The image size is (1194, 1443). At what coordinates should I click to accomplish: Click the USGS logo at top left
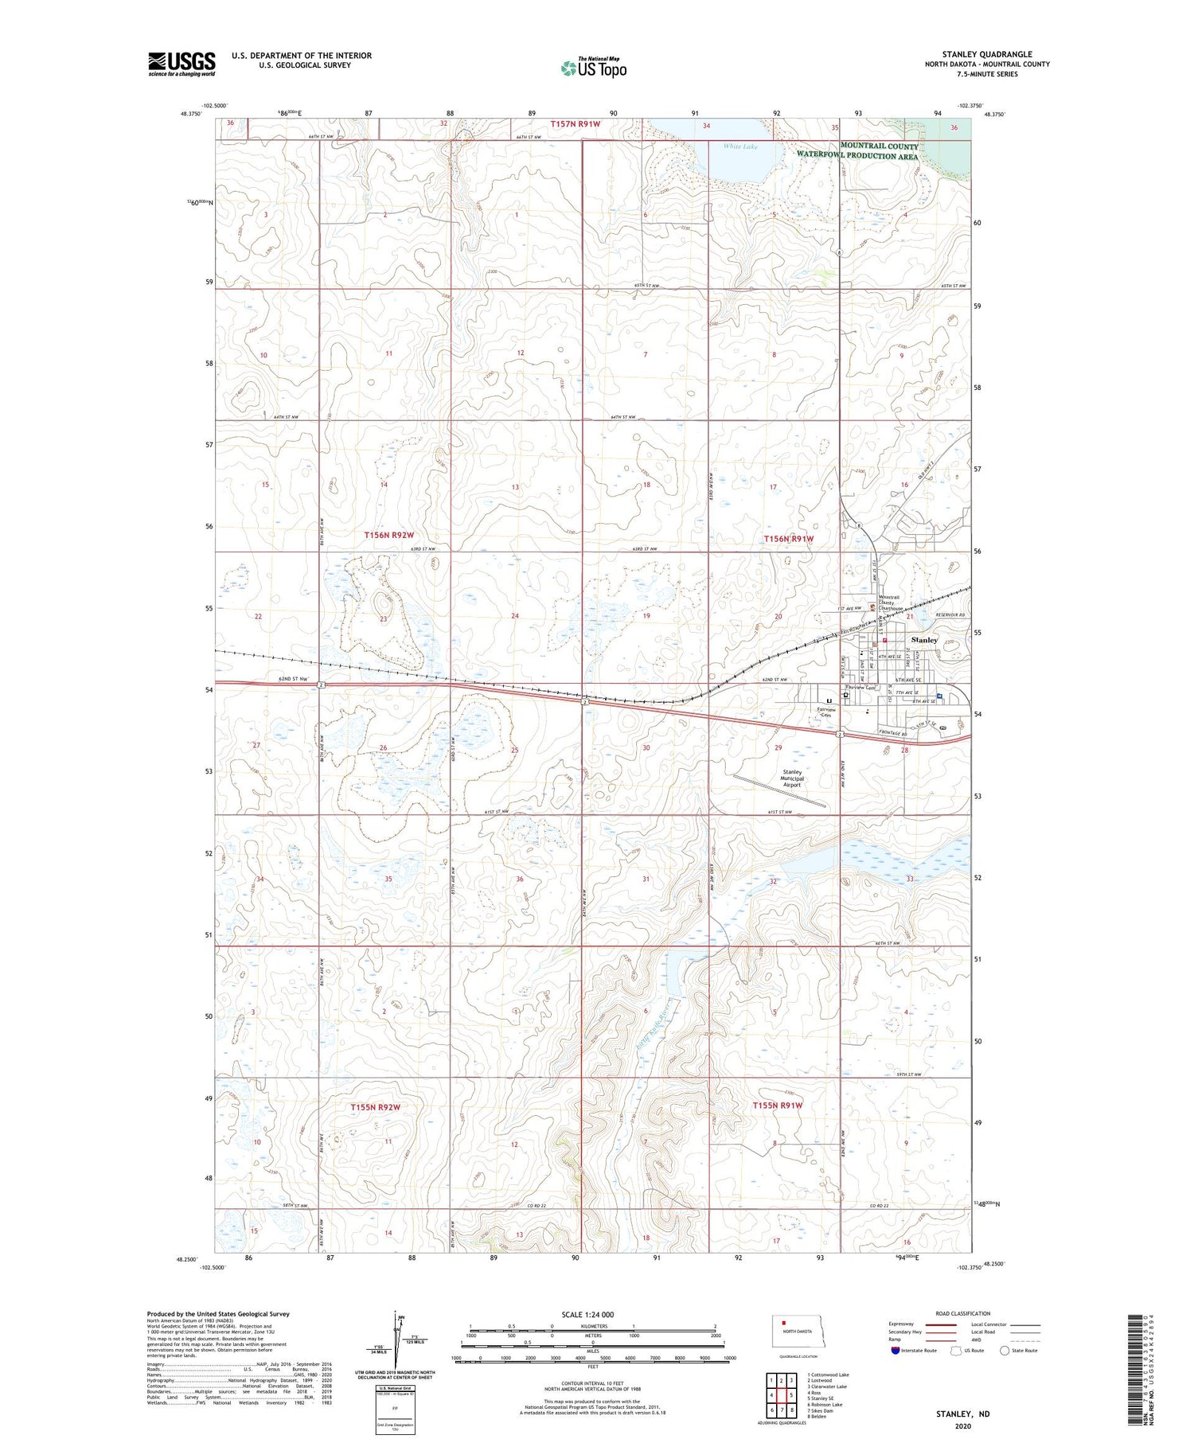(x=181, y=64)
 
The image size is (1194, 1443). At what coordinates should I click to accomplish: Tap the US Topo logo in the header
(x=593, y=68)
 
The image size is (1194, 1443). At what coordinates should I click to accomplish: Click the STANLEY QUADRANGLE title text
(x=986, y=55)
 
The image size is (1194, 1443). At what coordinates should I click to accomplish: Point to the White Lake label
(x=740, y=146)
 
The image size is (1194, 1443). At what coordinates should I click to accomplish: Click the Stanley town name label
(x=924, y=640)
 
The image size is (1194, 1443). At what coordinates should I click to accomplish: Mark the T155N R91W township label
(x=778, y=1106)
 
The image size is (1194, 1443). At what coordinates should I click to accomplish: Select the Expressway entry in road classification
(x=902, y=1324)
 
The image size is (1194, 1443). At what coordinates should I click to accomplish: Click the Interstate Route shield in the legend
(x=895, y=1351)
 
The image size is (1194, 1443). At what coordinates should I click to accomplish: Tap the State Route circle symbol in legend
(x=1005, y=1351)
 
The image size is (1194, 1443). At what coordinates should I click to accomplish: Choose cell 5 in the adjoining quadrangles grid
(x=790, y=1396)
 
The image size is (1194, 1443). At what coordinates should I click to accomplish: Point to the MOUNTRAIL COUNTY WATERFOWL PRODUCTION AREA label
(x=858, y=151)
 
